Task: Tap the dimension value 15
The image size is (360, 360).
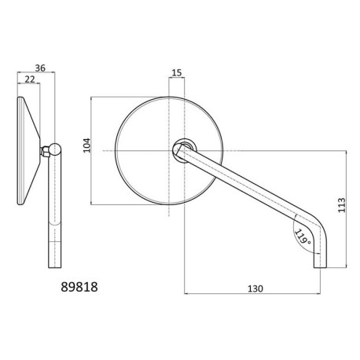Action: click(x=177, y=73)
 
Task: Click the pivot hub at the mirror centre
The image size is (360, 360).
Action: click(x=184, y=148)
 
